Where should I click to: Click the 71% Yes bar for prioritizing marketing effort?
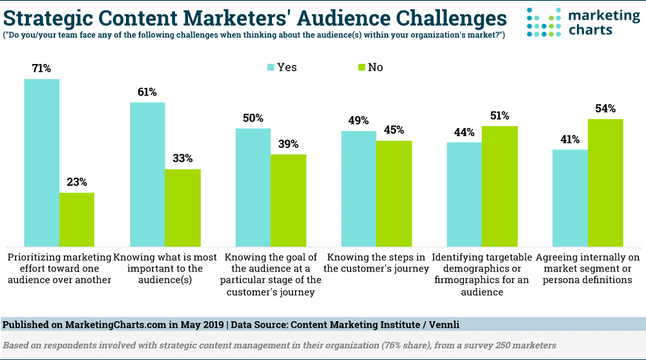[x=41, y=162]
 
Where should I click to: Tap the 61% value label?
[x=147, y=92]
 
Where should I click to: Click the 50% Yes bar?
[x=253, y=187]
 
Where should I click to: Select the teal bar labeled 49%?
[x=359, y=188]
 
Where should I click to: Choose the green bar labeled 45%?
[x=394, y=193]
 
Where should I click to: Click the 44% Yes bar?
[x=464, y=194]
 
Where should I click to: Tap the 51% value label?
[x=499, y=116]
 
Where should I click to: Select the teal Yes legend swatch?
[x=271, y=67]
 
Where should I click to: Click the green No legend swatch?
[x=361, y=67]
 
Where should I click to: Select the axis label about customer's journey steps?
[x=376, y=263]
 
